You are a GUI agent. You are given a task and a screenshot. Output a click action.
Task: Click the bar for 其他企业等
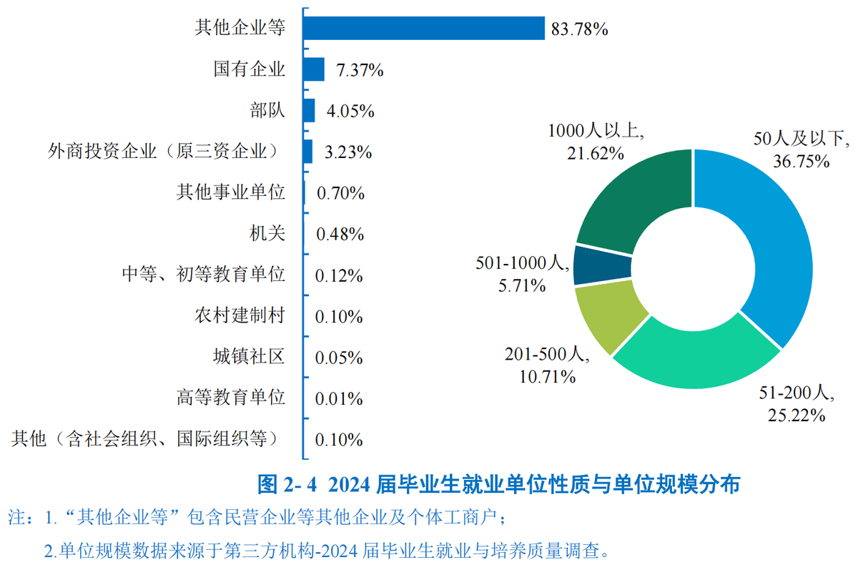(423, 29)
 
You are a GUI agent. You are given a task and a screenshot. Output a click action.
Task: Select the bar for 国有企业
(314, 69)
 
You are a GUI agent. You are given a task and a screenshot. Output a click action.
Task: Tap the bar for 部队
(309, 111)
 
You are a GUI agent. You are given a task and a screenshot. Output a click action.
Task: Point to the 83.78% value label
(580, 29)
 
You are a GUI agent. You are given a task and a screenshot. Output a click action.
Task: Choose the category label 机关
(267, 234)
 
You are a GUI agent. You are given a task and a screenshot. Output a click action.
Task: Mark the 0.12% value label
(340, 275)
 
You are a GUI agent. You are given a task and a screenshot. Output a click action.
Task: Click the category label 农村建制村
(240, 316)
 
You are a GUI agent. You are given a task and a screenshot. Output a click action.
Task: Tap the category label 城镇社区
(249, 357)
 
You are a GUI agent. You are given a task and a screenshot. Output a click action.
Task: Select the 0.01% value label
(340, 398)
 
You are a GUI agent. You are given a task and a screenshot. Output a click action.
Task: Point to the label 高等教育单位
(230, 398)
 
